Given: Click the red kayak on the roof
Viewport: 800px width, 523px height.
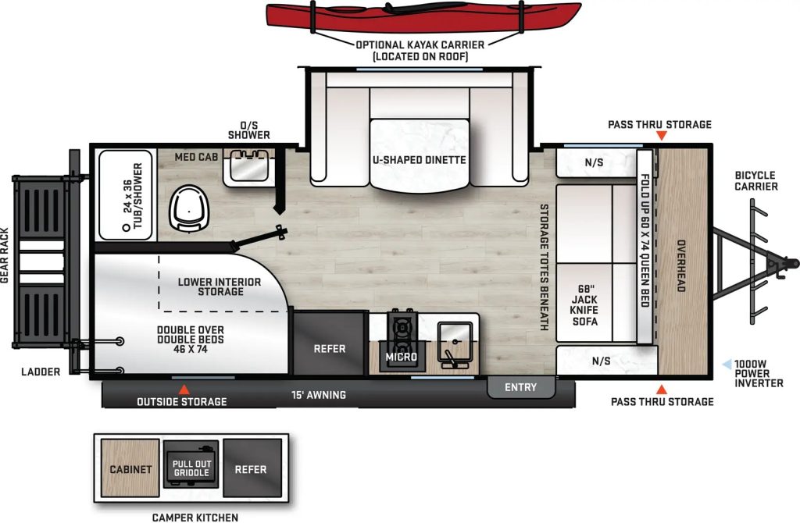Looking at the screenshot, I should (x=423, y=16).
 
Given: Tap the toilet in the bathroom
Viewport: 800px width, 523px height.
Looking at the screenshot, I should (x=187, y=207).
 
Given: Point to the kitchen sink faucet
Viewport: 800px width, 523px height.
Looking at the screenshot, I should (x=452, y=358).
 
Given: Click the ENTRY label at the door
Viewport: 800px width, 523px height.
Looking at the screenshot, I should (x=520, y=387).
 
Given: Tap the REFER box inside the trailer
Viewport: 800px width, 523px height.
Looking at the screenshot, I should (x=329, y=349).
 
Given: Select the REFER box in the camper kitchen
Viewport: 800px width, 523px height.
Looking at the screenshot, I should (x=251, y=469).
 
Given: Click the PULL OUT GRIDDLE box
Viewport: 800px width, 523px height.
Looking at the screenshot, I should (x=191, y=468).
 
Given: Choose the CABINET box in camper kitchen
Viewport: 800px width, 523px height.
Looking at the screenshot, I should (x=130, y=469).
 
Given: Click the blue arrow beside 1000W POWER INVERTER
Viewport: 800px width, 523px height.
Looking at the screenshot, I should (x=727, y=364).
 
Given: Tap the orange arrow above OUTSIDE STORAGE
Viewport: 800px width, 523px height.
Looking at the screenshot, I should (x=184, y=389).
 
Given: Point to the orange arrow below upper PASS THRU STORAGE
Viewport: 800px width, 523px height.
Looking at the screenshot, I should (x=661, y=137).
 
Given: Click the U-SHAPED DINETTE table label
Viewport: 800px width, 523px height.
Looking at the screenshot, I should (x=419, y=160).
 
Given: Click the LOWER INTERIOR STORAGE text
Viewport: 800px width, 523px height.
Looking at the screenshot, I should (x=219, y=286).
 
